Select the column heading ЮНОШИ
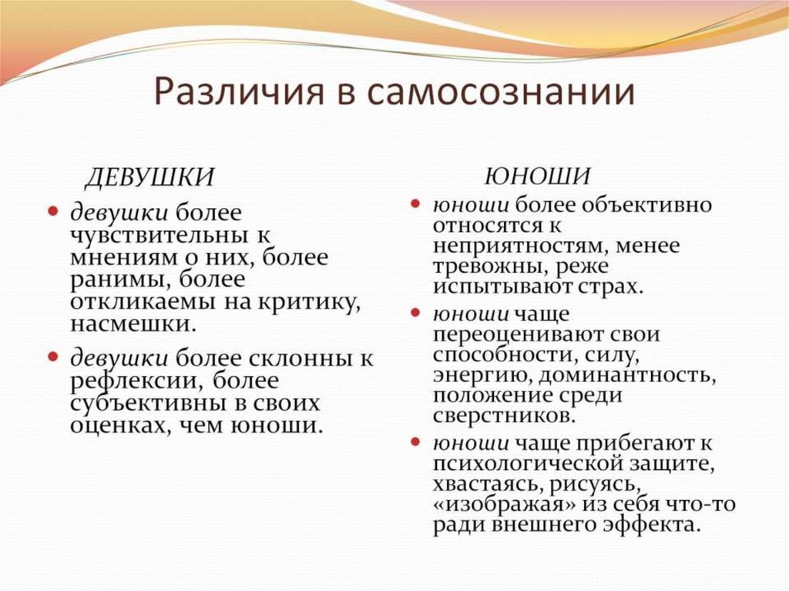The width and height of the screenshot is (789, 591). [x=537, y=176]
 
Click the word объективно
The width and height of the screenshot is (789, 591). [x=640, y=207]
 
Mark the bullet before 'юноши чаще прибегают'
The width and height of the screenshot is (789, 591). [x=415, y=442]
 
